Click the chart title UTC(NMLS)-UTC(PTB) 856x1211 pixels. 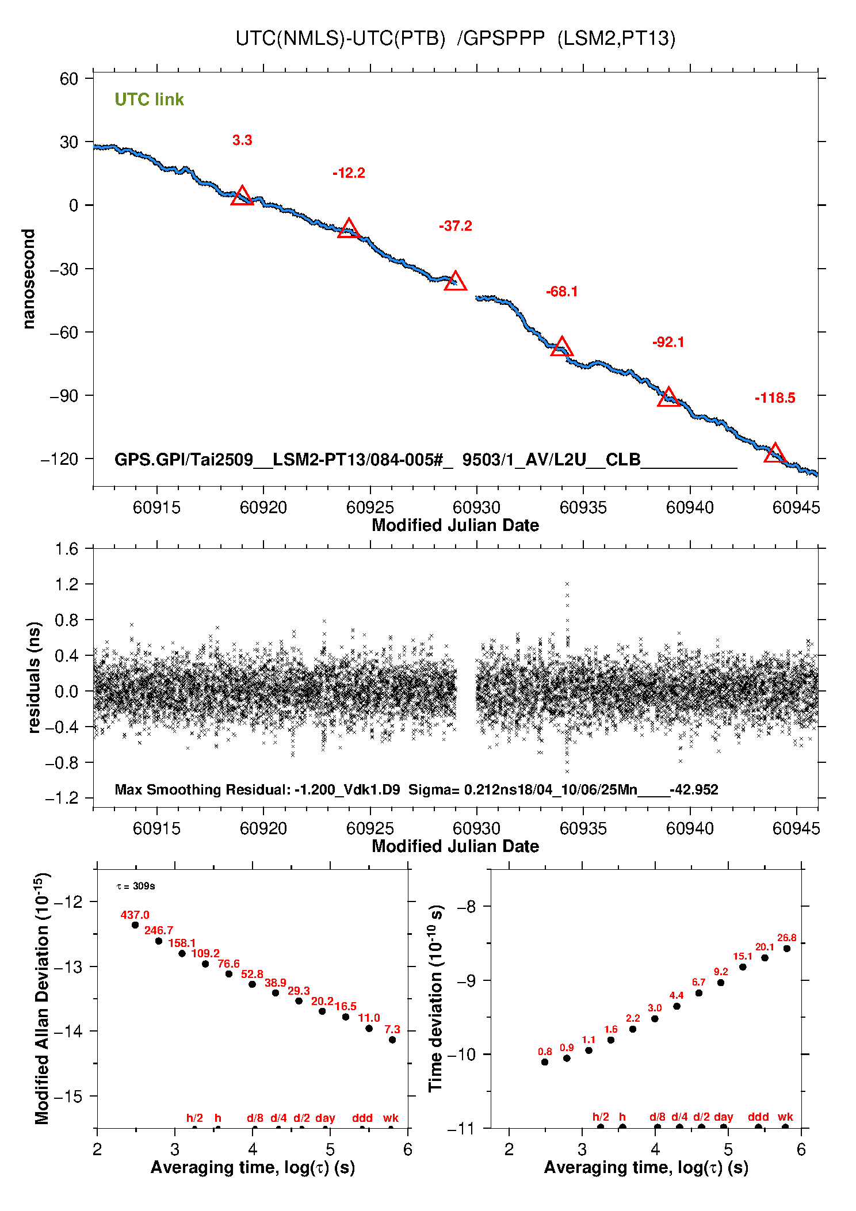(341, 39)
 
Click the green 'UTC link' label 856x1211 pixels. (149, 100)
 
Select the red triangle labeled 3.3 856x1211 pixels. (242, 197)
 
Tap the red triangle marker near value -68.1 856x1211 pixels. (561, 347)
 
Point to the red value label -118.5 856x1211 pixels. (775, 398)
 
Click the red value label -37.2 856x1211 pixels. (455, 226)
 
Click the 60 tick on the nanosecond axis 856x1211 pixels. (69, 78)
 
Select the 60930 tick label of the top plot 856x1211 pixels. (476, 507)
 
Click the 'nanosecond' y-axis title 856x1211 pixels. (29, 279)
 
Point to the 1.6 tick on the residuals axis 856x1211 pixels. (67, 549)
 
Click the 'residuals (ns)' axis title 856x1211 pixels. (34, 677)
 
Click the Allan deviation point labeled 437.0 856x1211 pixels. (135, 925)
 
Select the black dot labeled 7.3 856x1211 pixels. (392, 1040)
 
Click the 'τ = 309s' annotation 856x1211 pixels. (136, 886)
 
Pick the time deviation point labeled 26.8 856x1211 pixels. (787, 949)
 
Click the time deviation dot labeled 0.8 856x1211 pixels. (545, 1062)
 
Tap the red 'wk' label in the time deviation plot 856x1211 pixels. (785, 1117)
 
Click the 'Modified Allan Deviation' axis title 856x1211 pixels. (41, 999)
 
